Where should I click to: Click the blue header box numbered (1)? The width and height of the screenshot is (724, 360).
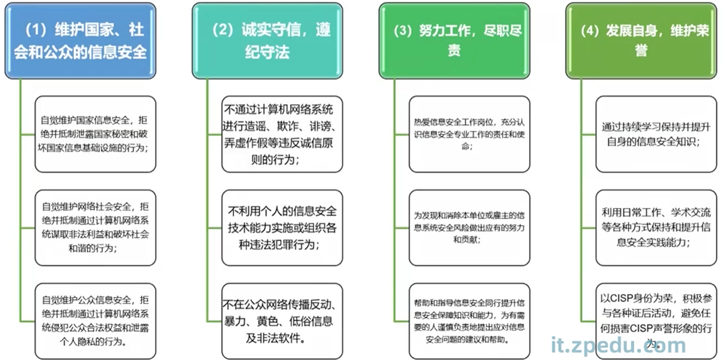[x=81, y=41]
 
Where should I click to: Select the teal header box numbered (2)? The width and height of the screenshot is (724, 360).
[x=267, y=41]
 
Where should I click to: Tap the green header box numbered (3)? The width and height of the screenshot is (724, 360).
[x=454, y=41]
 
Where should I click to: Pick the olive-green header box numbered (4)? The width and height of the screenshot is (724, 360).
[x=641, y=41]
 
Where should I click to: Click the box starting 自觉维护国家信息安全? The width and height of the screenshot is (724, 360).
[x=95, y=134]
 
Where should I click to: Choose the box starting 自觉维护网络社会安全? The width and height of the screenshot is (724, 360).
[x=95, y=227]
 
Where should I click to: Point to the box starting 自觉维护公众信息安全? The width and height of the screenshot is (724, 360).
[x=95, y=321]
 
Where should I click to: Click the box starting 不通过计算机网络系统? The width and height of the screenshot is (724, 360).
[x=282, y=134]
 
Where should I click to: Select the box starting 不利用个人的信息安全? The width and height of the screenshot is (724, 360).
[x=282, y=227]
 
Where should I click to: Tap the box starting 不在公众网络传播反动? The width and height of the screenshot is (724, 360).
[x=282, y=321]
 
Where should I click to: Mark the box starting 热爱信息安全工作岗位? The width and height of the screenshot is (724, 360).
[x=469, y=134]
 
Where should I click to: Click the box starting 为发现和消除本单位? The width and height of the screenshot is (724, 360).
[x=469, y=227]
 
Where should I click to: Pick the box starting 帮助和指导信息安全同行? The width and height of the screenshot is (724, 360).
[x=469, y=321]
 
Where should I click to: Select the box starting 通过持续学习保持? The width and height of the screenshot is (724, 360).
[x=656, y=134]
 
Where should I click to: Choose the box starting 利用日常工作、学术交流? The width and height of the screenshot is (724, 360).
[x=656, y=227]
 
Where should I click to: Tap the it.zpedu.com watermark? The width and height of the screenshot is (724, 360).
[x=618, y=345]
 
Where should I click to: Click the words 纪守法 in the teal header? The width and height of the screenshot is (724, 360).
[x=267, y=52]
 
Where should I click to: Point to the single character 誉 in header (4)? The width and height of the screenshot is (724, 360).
[x=641, y=51]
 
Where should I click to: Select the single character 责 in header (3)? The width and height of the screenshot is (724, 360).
[x=454, y=51]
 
